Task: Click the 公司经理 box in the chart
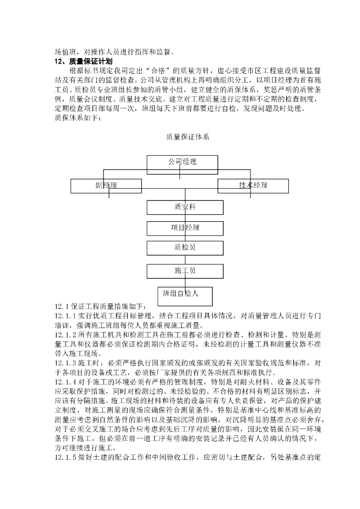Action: pos(182,162)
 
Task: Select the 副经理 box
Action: pos(106,186)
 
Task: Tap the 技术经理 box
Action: pos(253,185)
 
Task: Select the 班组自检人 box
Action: pos(184,295)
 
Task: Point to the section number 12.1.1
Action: pos(65,316)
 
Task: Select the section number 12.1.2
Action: pos(65,336)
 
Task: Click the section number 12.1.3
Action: pos(65,364)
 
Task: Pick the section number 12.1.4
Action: pos(65,383)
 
